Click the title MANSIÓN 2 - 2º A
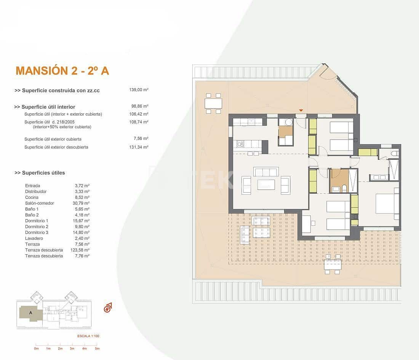point(62,71)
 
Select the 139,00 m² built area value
point(139,90)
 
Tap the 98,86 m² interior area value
point(139,107)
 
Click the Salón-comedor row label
point(40,203)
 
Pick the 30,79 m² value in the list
point(82,203)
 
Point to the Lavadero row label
point(34,238)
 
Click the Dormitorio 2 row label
point(37,227)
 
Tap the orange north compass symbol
point(108,308)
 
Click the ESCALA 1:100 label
point(88,336)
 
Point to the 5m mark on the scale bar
point(97,349)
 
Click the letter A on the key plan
point(30,312)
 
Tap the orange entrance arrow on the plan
point(301,111)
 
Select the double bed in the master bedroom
point(387,204)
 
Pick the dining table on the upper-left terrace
point(213,103)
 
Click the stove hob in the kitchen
point(240,144)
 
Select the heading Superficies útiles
point(40,173)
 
